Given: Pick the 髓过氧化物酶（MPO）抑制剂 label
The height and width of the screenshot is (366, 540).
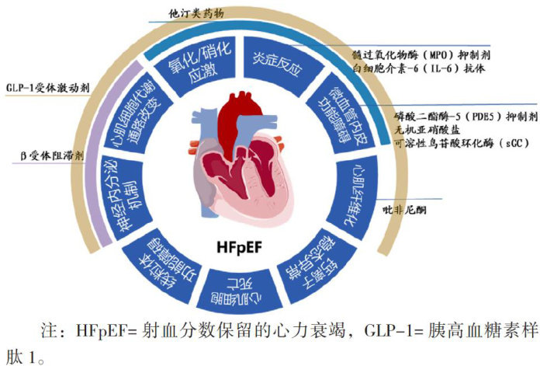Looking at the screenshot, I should [420, 56].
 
